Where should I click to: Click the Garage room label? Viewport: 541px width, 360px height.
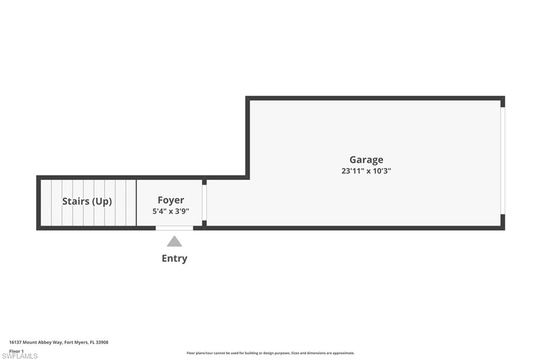click(x=366, y=159)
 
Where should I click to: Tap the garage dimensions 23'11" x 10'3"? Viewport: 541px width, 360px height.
click(x=366, y=171)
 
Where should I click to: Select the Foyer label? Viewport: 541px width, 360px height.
click(x=171, y=200)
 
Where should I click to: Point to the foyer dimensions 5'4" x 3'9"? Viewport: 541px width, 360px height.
click(x=171, y=211)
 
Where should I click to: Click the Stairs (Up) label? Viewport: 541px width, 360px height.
click(x=87, y=201)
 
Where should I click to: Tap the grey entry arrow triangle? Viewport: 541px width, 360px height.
click(x=174, y=242)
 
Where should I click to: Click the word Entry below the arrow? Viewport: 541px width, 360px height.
click(x=174, y=259)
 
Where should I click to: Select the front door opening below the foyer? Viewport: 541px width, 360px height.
click(x=174, y=228)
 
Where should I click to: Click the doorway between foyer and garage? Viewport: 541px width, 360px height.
click(x=204, y=202)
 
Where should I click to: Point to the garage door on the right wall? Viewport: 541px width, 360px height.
click(x=502, y=160)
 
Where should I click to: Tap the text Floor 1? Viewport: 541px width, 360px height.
click(x=17, y=350)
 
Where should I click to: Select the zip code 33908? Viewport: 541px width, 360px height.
click(x=103, y=343)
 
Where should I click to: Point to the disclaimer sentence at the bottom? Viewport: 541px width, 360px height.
click(x=270, y=353)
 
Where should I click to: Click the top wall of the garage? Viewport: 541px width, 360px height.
click(x=375, y=98)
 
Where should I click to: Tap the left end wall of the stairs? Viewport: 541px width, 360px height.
click(x=39, y=203)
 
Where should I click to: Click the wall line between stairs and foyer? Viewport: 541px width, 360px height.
click(x=136, y=203)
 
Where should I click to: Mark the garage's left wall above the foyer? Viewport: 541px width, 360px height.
click(x=247, y=137)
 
